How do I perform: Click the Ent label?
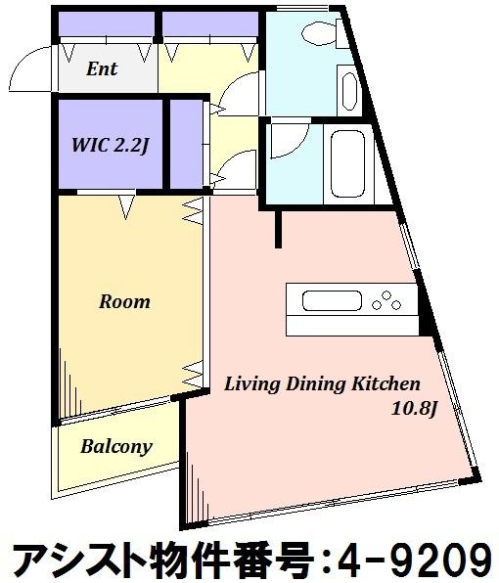(x=102, y=68)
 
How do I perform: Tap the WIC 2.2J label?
(x=111, y=145)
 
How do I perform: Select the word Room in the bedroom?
(x=125, y=301)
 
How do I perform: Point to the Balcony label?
(x=116, y=447)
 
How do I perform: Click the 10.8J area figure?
(x=414, y=409)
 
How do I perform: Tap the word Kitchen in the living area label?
(x=386, y=383)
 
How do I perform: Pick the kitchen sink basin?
(x=332, y=301)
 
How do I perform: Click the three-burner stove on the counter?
(x=386, y=300)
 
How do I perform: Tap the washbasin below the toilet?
(x=348, y=90)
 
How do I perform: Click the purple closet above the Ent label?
(x=107, y=23)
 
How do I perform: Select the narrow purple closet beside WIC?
(x=186, y=144)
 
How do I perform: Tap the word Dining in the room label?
(x=316, y=384)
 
